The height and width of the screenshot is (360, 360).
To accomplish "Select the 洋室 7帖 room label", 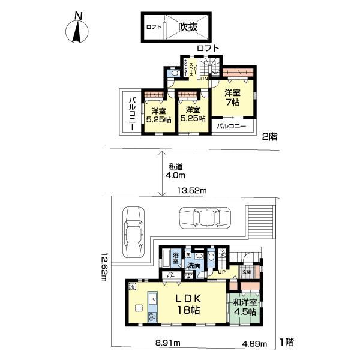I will pyautogui.click(x=233, y=98).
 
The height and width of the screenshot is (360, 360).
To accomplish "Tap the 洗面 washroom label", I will pyautogui.click(x=193, y=265).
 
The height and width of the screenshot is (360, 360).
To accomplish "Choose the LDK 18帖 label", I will pyautogui.click(x=187, y=304).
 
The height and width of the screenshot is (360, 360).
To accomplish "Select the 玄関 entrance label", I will pyautogui.click(x=247, y=272).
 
